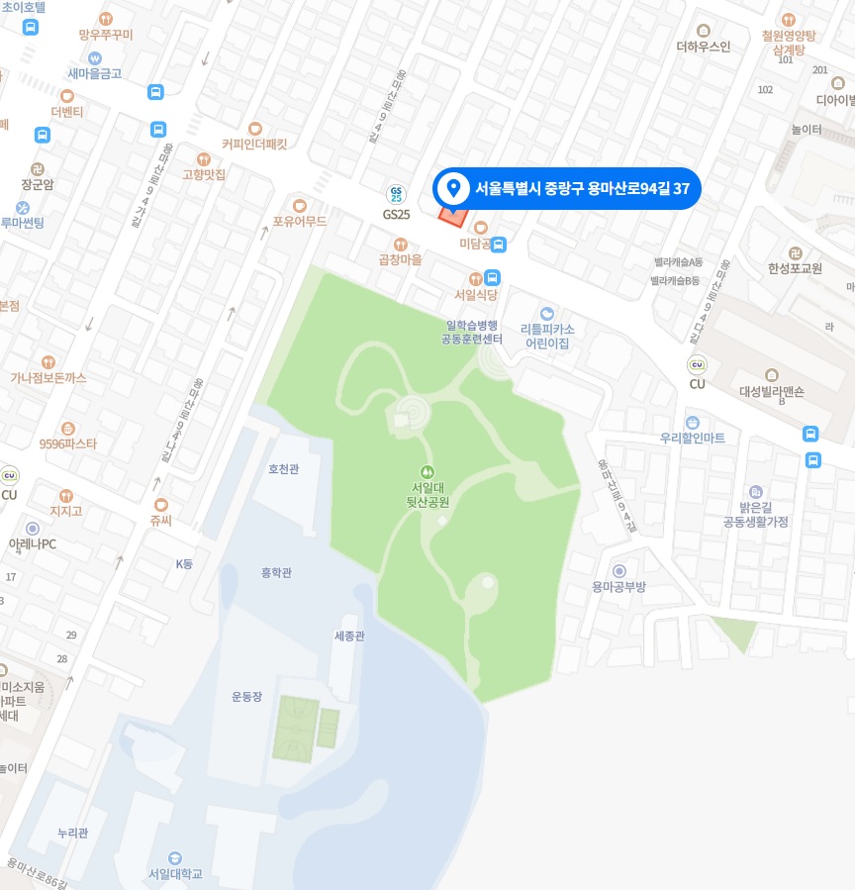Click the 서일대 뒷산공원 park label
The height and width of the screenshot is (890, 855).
click(429, 494)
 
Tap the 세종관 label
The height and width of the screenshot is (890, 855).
click(349, 636)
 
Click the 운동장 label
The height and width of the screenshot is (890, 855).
click(246, 697)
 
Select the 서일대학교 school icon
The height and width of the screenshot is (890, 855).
click(175, 857)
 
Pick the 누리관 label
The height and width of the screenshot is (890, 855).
click(73, 834)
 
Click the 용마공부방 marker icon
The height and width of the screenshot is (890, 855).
click(619, 571)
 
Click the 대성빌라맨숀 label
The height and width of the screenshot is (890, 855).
click(772, 391)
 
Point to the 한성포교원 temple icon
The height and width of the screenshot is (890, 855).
click(796, 252)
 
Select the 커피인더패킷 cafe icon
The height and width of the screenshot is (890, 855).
click(254, 128)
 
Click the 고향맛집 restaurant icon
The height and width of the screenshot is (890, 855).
click(204, 158)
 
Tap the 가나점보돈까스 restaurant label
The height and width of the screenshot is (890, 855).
click(48, 377)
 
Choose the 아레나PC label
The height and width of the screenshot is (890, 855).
click(33, 544)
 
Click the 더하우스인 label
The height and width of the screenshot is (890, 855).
click(703, 46)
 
